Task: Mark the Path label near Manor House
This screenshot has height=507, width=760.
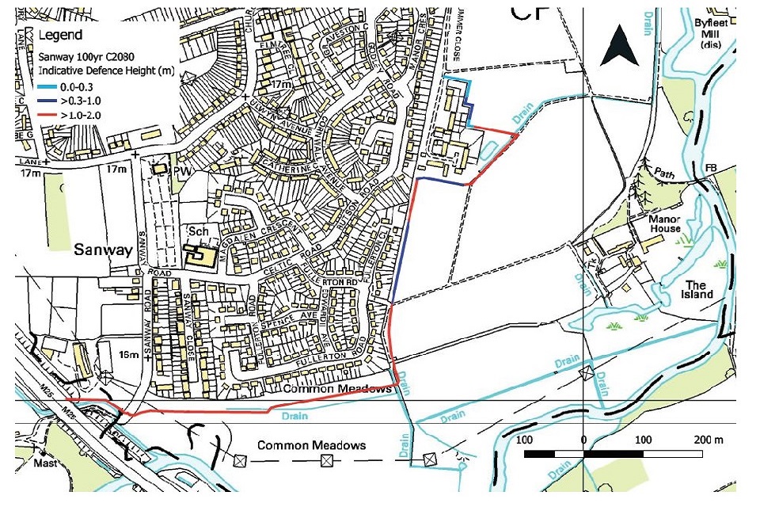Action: tap(670, 170)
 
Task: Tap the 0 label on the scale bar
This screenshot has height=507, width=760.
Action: tap(583, 440)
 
